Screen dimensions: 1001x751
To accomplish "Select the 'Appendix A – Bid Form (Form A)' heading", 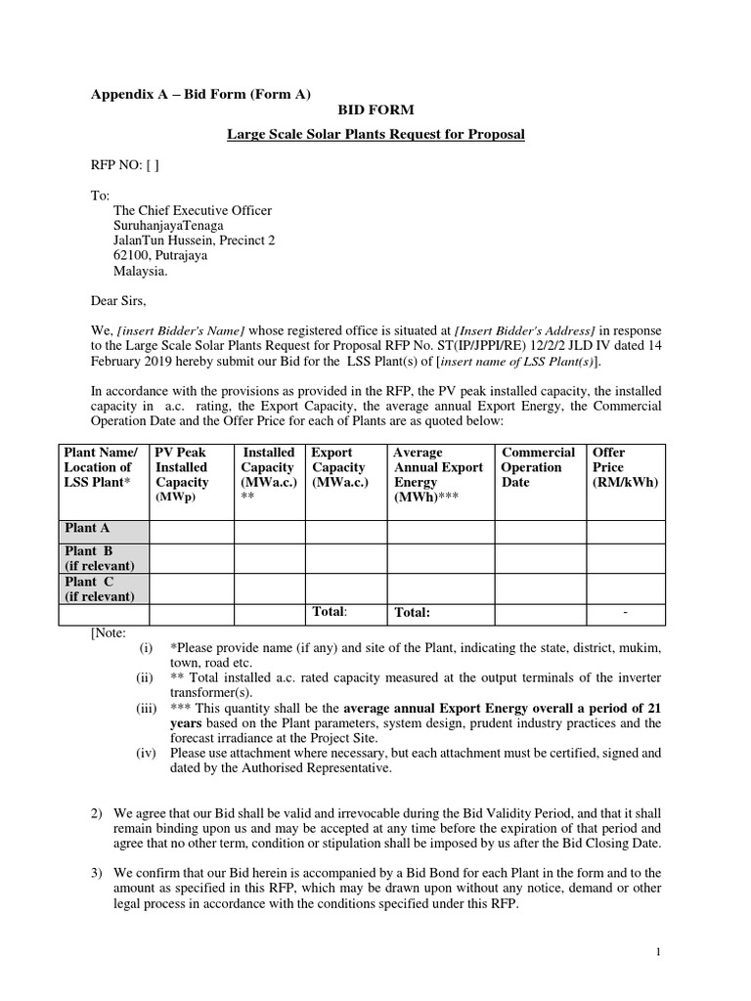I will (201, 94).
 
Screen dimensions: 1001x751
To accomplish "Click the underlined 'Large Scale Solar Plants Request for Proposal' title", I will (375, 134).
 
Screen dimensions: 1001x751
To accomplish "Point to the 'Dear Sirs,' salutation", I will (119, 303).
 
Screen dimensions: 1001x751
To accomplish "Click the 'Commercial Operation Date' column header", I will (538, 467).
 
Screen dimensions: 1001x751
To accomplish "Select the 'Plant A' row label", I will (87, 529).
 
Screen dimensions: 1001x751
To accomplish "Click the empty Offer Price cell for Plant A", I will (626, 530).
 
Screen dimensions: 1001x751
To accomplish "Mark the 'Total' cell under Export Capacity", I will (330, 612).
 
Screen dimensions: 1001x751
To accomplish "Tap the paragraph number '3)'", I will (97, 873).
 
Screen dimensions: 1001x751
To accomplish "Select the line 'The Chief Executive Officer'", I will (193, 210).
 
